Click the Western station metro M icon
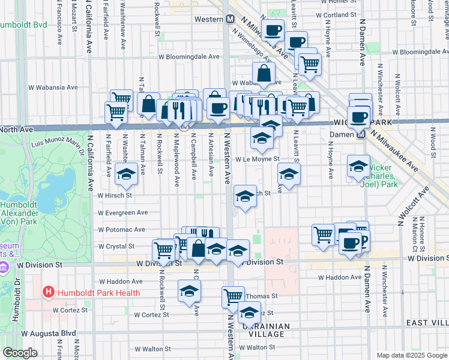pyautogui.click(x=230, y=19)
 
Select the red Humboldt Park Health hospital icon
pyautogui.click(x=49, y=293)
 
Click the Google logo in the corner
pyautogui.click(x=20, y=353)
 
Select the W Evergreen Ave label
pyautogui.click(x=122, y=212)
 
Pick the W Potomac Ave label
pyautogui.click(x=122, y=230)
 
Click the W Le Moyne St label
pyautogui.click(x=258, y=160)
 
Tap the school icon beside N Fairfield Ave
pyautogui.click(x=126, y=175)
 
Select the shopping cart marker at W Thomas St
pyautogui.click(x=233, y=295)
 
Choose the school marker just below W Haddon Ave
pyautogui.click(x=189, y=291)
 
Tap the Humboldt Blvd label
pyautogui.click(x=23, y=25)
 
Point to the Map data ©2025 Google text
pyautogui.click(x=411, y=355)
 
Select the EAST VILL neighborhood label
pyautogui.click(x=427, y=323)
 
